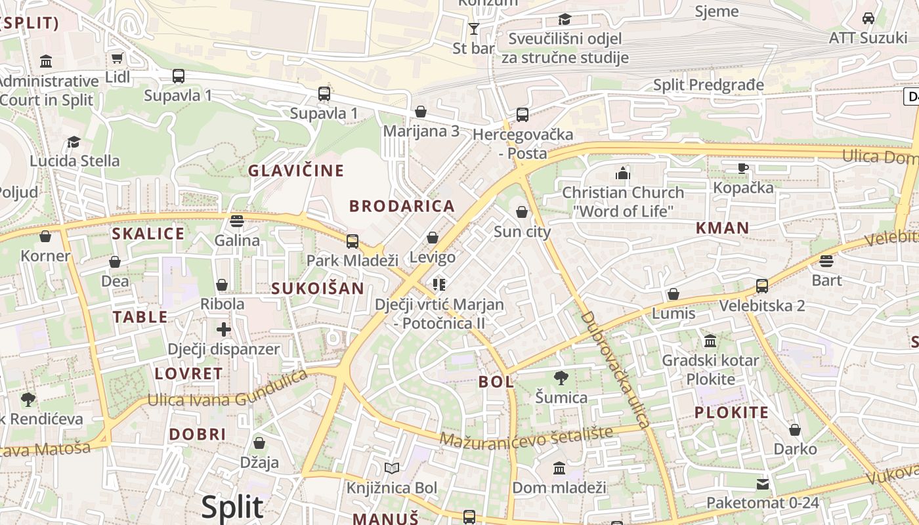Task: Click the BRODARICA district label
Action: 402,206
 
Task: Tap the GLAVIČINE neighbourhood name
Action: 295,171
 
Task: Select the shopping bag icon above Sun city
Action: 522,212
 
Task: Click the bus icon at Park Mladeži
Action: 353,241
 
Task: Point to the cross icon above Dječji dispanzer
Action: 224,329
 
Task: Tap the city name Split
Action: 232,507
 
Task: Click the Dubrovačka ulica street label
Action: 615,369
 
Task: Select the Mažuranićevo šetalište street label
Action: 527,436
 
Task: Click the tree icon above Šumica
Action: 561,378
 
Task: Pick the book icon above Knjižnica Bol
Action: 392,468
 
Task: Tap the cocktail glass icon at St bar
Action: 474,28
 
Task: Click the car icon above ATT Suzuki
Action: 868,18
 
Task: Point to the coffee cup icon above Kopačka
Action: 743,168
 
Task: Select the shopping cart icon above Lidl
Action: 118,58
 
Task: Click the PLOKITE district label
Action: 731,413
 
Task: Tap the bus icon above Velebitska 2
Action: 761,286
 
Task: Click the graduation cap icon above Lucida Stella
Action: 74,142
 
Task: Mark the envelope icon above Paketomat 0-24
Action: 762,484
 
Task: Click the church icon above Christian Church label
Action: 622,173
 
